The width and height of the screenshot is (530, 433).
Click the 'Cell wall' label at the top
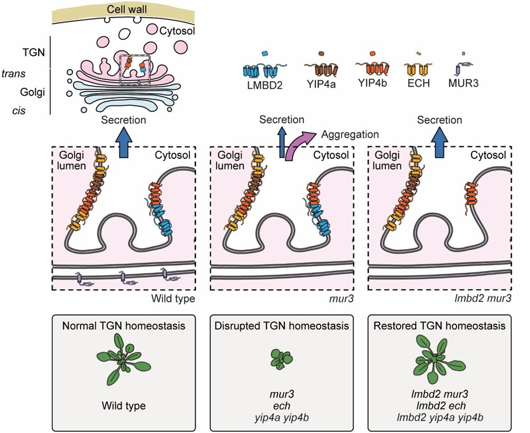click(127, 9)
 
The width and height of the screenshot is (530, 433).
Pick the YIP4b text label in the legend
click(372, 82)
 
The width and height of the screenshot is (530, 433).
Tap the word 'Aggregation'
click(350, 135)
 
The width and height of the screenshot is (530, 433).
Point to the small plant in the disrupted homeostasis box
click(282, 360)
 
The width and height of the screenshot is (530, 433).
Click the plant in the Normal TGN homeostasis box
click(124, 360)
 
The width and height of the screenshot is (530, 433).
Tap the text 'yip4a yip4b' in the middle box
click(282, 418)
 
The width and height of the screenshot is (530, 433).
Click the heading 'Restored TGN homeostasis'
click(439, 325)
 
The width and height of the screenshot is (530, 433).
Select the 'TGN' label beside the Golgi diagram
click(34, 52)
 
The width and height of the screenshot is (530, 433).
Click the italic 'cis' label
click(19, 110)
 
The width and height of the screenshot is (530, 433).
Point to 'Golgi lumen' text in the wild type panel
click(72, 160)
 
